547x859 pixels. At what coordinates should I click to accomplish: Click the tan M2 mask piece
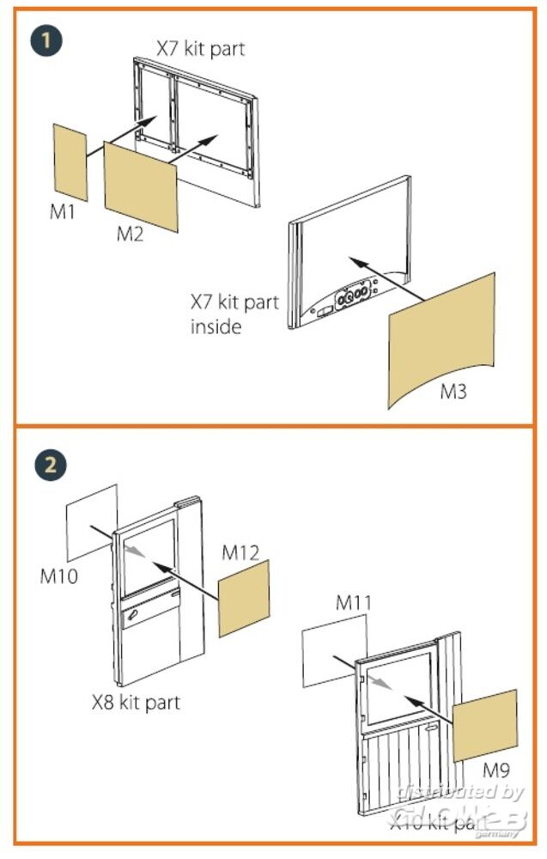(x=140, y=186)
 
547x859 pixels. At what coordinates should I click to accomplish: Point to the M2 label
(x=130, y=235)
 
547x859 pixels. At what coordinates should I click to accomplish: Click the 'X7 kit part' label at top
(x=200, y=48)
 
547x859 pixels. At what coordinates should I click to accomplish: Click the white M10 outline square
(x=92, y=522)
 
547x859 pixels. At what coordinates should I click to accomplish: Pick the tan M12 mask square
(x=244, y=598)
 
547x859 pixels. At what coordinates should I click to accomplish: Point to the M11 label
(x=353, y=603)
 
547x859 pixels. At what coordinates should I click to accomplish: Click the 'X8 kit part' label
(x=137, y=702)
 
